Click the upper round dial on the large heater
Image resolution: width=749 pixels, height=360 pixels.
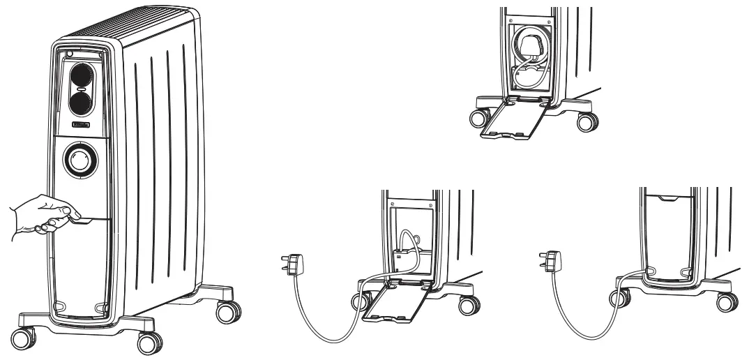(82, 75)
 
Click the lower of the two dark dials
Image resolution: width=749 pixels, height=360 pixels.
(82, 105)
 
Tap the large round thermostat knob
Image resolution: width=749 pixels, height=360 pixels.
(81, 160)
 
